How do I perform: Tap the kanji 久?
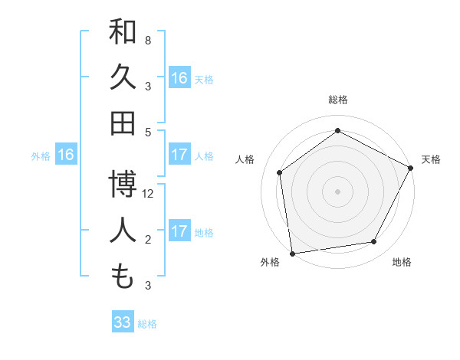pyautogui.click(x=123, y=77)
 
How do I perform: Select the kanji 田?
pyautogui.click(x=123, y=123)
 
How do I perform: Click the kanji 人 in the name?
pyautogui.click(x=123, y=232)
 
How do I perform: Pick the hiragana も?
pyautogui.click(x=123, y=277)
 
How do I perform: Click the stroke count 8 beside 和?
pyautogui.click(x=148, y=40)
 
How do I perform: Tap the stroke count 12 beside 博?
pyautogui.click(x=148, y=194)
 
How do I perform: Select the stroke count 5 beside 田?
pyautogui.click(x=148, y=131)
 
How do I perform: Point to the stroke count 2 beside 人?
pyautogui.click(x=148, y=240)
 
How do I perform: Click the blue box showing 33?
pyautogui.click(x=123, y=322)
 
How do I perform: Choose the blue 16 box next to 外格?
pyautogui.click(x=66, y=155)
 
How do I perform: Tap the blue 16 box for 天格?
pyautogui.click(x=179, y=78)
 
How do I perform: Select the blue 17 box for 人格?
pyautogui.click(x=179, y=155)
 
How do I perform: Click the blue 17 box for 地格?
pyautogui.click(x=179, y=231)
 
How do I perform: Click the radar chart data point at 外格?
pyautogui.click(x=292, y=252)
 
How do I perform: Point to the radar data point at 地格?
pyautogui.click(x=374, y=241)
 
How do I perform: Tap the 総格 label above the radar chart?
pyautogui.click(x=337, y=100)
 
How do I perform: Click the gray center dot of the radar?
pyautogui.click(x=337, y=191)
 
